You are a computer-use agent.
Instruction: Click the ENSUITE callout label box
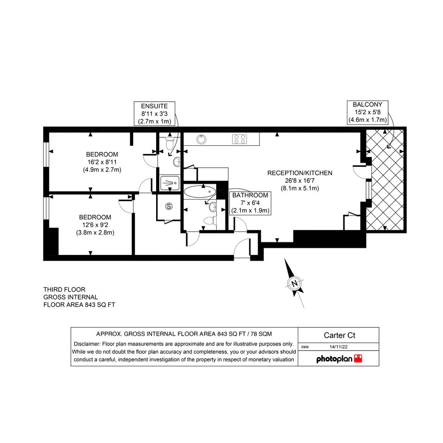pos(154,113)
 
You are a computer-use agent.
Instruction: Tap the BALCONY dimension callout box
pos(367,112)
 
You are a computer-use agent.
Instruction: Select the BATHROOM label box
pos(250,203)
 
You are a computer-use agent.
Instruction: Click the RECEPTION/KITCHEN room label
pos(300,173)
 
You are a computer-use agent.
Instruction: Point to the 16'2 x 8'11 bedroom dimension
pos(102,162)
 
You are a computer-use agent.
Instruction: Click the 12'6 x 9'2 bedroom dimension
pos(95,225)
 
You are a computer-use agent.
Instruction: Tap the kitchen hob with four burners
pos(239,139)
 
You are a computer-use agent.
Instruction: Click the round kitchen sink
pos(201,139)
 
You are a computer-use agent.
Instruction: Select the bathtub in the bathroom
pos(200,192)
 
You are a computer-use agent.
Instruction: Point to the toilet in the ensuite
pos(170,143)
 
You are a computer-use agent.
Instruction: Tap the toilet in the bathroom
pos(210,220)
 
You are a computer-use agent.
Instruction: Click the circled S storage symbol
pos(169,206)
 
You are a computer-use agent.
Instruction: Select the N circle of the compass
pos(294,283)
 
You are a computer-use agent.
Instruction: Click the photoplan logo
pos(339,359)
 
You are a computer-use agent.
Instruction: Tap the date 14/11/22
pos(338,346)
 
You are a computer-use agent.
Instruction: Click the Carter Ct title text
pos(339,335)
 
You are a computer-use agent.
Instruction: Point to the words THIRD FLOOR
pos(64,290)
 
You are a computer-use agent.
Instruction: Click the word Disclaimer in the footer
pos(87,344)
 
